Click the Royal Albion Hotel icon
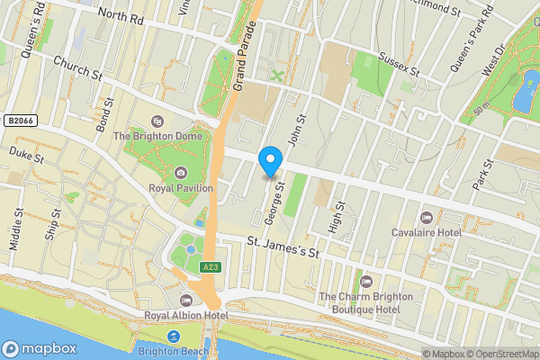pyautogui.click(x=187, y=300)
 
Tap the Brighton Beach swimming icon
pyautogui.click(x=174, y=336)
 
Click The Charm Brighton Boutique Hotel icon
pyautogui.click(x=365, y=282)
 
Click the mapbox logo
pyautogui.click(x=40, y=348)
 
